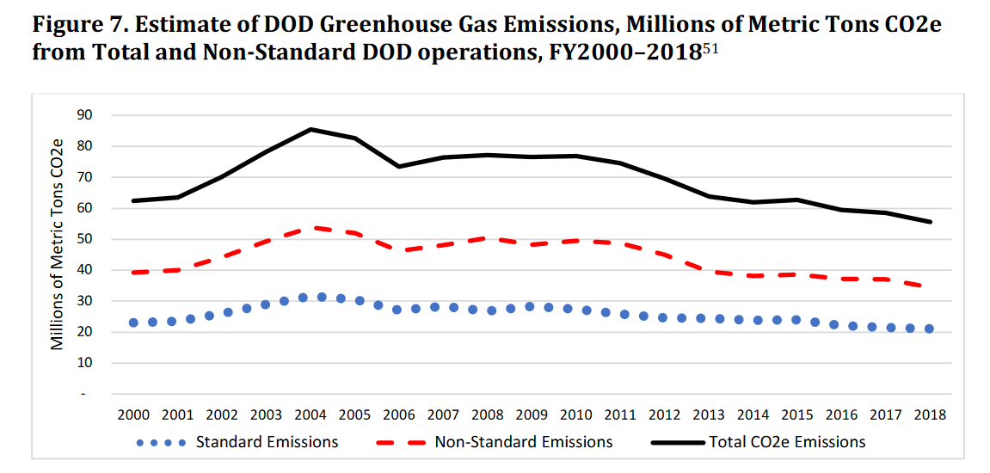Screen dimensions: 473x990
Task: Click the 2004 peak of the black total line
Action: pyautogui.click(x=311, y=129)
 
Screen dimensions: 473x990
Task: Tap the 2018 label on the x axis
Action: pyautogui.click(x=929, y=415)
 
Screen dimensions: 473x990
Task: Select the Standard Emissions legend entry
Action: pyautogui.click(x=237, y=442)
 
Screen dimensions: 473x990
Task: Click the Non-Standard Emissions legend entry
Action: pyautogui.click(x=495, y=442)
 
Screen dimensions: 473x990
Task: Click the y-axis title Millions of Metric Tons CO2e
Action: pyautogui.click(x=57, y=243)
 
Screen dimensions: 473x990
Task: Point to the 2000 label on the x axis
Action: pyautogui.click(x=133, y=415)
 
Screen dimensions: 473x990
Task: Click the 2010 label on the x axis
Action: pyautogui.click(x=575, y=415)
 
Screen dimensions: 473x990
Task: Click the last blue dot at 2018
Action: pyautogui.click(x=929, y=329)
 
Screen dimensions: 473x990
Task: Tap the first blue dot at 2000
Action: pyautogui.click(x=133, y=322)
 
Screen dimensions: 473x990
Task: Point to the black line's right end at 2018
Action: pyautogui.click(x=931, y=222)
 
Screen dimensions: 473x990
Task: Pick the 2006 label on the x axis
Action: pyautogui.click(x=399, y=415)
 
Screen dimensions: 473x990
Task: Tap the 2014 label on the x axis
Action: pyautogui.click(x=753, y=415)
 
